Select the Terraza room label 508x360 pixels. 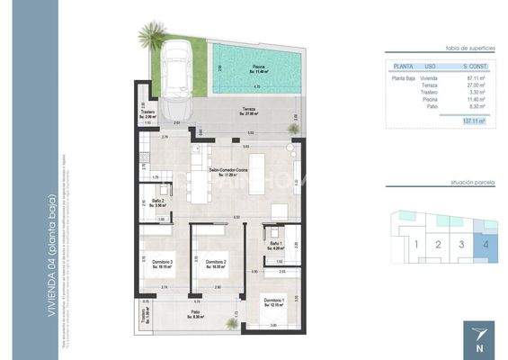(247, 111)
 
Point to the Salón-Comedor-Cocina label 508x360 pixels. (227, 170)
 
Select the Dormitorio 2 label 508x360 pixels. (216, 263)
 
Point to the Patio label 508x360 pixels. (195, 311)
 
